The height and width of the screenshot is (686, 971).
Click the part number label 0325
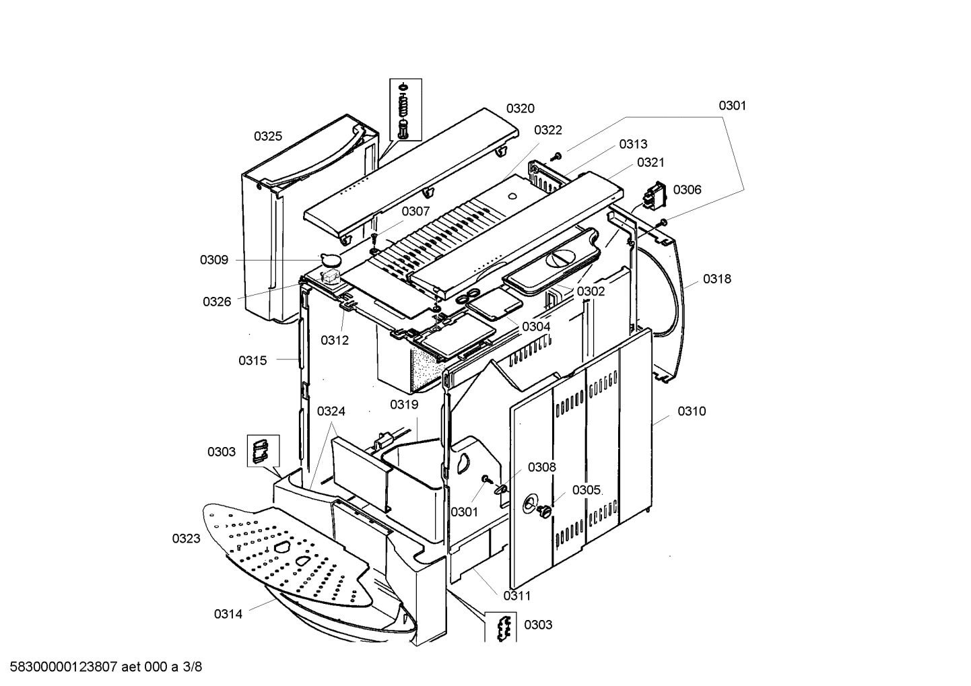pos(267,136)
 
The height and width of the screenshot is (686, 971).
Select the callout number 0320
pos(521,108)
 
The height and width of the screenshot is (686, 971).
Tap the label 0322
pos(548,130)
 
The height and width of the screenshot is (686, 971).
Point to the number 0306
pos(687,189)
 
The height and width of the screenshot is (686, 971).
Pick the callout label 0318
pos(717,279)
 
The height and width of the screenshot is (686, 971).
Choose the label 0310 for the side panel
pos(692,411)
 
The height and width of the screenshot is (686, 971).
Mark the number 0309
pos(213,260)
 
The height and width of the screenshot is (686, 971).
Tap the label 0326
pos(217,302)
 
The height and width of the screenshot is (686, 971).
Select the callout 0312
pos(335,340)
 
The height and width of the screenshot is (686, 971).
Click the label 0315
pos(253,360)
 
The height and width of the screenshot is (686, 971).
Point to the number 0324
pos(331,411)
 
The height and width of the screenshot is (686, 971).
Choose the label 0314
pos(228,613)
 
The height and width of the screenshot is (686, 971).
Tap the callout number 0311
pos(517,595)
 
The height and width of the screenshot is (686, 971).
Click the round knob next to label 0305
pos(543,512)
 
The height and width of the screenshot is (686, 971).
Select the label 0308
pos(542,467)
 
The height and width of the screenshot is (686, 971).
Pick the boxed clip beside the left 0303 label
pos(260,450)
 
